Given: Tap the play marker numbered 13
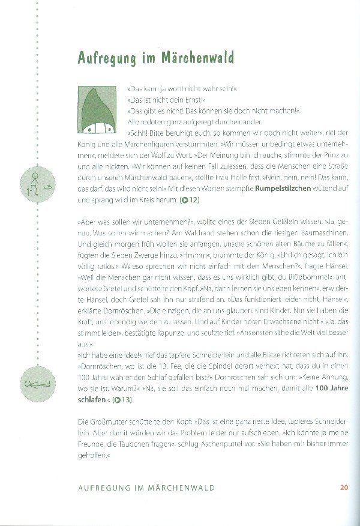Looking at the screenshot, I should click(x=122, y=399).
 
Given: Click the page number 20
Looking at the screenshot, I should click(x=344, y=487).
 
